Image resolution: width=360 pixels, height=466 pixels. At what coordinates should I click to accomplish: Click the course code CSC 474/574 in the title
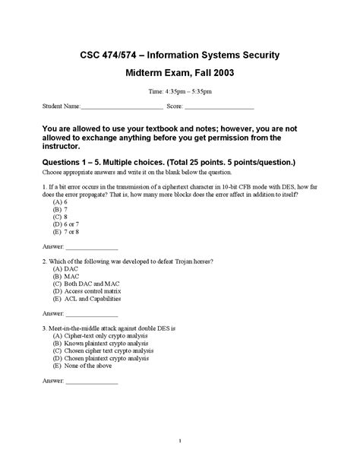pos(109,55)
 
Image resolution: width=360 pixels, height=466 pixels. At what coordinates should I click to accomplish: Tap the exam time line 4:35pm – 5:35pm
pos(180,92)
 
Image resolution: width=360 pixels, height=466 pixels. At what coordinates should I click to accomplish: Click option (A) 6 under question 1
pos(62,202)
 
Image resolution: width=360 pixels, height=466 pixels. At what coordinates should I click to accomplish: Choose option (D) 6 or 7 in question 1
pos(69,226)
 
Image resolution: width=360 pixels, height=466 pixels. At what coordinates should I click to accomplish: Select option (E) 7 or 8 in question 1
pos(69,234)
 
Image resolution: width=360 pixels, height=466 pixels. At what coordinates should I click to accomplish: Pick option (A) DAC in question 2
pos(67,269)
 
